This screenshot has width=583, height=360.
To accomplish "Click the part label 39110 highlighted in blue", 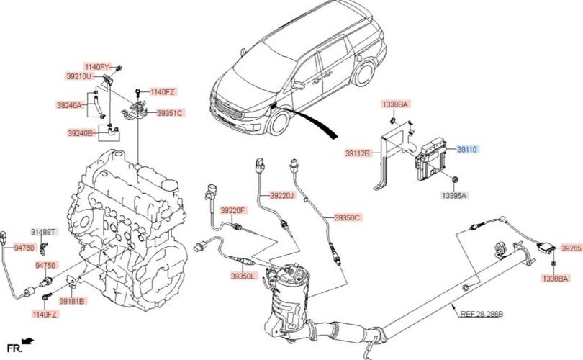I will click(x=468, y=149).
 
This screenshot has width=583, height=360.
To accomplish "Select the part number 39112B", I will click(x=357, y=153).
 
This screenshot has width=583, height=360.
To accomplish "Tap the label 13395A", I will click(x=454, y=195).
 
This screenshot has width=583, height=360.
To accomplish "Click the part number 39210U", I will click(x=79, y=76).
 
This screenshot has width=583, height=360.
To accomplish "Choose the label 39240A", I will click(x=70, y=105).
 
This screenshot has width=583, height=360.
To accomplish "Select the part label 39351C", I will click(x=170, y=113).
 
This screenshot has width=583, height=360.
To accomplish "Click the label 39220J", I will click(x=282, y=195).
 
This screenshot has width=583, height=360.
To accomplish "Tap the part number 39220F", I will click(x=232, y=210).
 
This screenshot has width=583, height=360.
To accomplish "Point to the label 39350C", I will click(x=347, y=217).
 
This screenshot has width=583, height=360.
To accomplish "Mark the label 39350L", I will click(x=243, y=276).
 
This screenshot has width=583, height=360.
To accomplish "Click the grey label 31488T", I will click(x=42, y=231).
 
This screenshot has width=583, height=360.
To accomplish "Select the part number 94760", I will click(x=24, y=248).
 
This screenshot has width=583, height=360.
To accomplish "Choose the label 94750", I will click(x=45, y=266).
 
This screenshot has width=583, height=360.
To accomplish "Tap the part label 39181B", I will click(x=72, y=301).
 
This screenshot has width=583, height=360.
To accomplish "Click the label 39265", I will click(x=571, y=248).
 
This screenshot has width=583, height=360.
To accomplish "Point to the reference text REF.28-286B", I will click(x=482, y=314).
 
